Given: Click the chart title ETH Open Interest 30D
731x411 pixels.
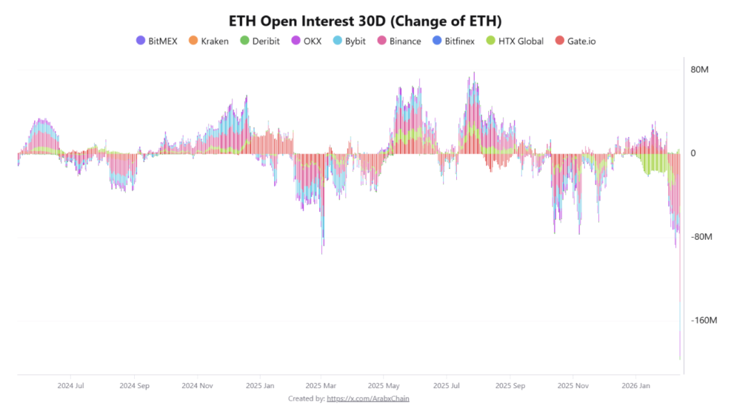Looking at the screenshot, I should click(x=365, y=20).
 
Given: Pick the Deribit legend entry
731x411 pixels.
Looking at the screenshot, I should click(x=265, y=41).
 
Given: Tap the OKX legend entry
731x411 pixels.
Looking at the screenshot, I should click(x=312, y=41).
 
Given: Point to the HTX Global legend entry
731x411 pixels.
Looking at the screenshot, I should click(x=520, y=41).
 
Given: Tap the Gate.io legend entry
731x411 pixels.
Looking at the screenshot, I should click(x=580, y=41).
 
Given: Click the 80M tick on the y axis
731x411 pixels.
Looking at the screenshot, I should click(x=699, y=70).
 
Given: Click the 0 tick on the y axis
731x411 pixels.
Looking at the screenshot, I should click(x=692, y=153).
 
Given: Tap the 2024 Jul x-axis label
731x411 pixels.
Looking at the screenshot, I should click(x=71, y=385).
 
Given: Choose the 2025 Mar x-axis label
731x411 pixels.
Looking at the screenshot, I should click(x=320, y=385).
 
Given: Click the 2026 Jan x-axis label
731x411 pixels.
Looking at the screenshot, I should click(x=636, y=385).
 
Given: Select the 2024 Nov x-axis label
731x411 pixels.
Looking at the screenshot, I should click(x=198, y=385).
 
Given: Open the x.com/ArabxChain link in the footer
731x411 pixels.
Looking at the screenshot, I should click(x=368, y=398).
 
